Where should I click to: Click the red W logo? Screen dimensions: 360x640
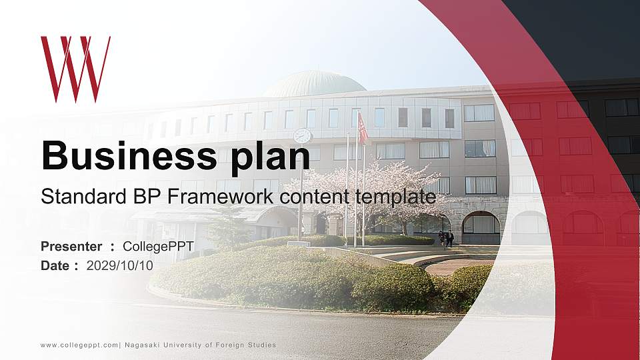click(x=75, y=69)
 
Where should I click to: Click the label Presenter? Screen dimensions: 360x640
click(x=71, y=247)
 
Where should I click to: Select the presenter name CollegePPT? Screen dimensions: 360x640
click(x=158, y=247)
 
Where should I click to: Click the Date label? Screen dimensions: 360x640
click(x=55, y=265)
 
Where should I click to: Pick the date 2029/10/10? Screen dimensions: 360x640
click(x=120, y=265)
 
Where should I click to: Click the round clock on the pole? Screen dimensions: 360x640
click(x=302, y=135)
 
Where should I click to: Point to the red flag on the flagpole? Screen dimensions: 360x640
click(x=363, y=129)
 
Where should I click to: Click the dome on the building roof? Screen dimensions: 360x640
click(x=314, y=84)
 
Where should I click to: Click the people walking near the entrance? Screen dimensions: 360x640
click(x=446, y=238)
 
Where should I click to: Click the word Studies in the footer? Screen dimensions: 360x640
click(x=261, y=345)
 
